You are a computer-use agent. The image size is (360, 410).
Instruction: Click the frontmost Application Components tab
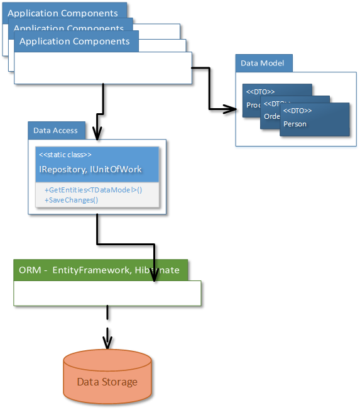[74, 42]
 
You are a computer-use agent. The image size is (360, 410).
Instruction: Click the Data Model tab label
[263, 63]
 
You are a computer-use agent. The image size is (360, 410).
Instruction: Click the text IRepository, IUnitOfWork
[90, 169]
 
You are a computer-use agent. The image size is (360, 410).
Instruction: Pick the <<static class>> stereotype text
[65, 155]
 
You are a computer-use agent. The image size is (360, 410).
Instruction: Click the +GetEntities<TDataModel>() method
[93, 190]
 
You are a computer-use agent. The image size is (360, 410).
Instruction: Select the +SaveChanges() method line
[71, 199]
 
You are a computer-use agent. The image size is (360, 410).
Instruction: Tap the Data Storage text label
[107, 382]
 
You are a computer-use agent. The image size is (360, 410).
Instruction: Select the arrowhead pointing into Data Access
[96, 133]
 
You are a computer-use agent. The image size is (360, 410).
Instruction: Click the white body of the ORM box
[107, 293]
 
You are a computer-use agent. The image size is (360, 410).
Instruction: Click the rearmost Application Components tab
[63, 13]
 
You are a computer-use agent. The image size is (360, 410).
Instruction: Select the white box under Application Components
[102, 68]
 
